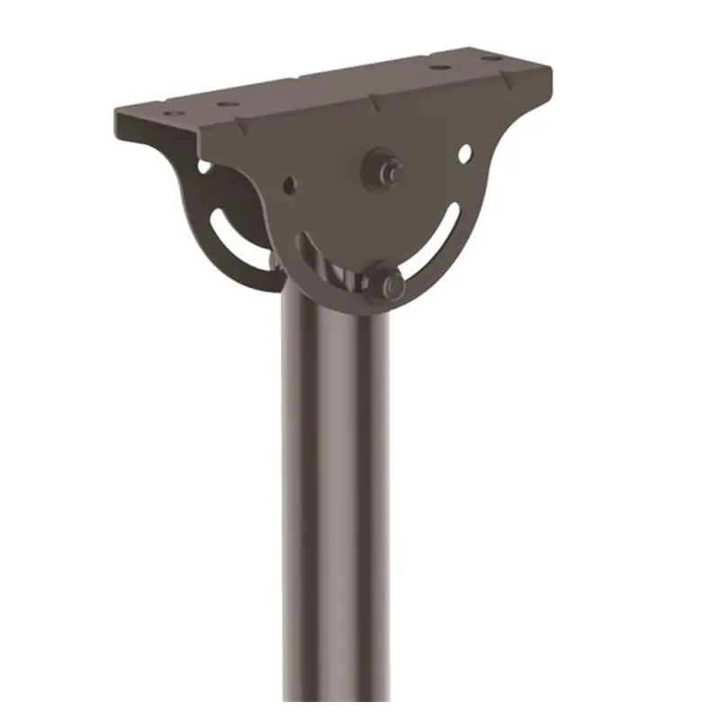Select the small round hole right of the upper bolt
click(x=464, y=154)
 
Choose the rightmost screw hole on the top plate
click(x=490, y=58)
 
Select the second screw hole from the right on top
click(x=438, y=67)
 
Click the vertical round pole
click(x=336, y=504)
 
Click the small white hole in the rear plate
click(x=204, y=166)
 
